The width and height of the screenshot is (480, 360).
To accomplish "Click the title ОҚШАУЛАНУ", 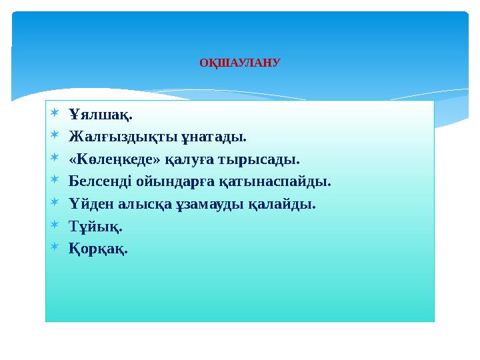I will [240, 64].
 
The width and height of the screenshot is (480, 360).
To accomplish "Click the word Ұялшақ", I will [100, 115].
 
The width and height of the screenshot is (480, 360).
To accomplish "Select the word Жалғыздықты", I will [123, 137].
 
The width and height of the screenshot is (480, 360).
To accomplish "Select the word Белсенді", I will [101, 181].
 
